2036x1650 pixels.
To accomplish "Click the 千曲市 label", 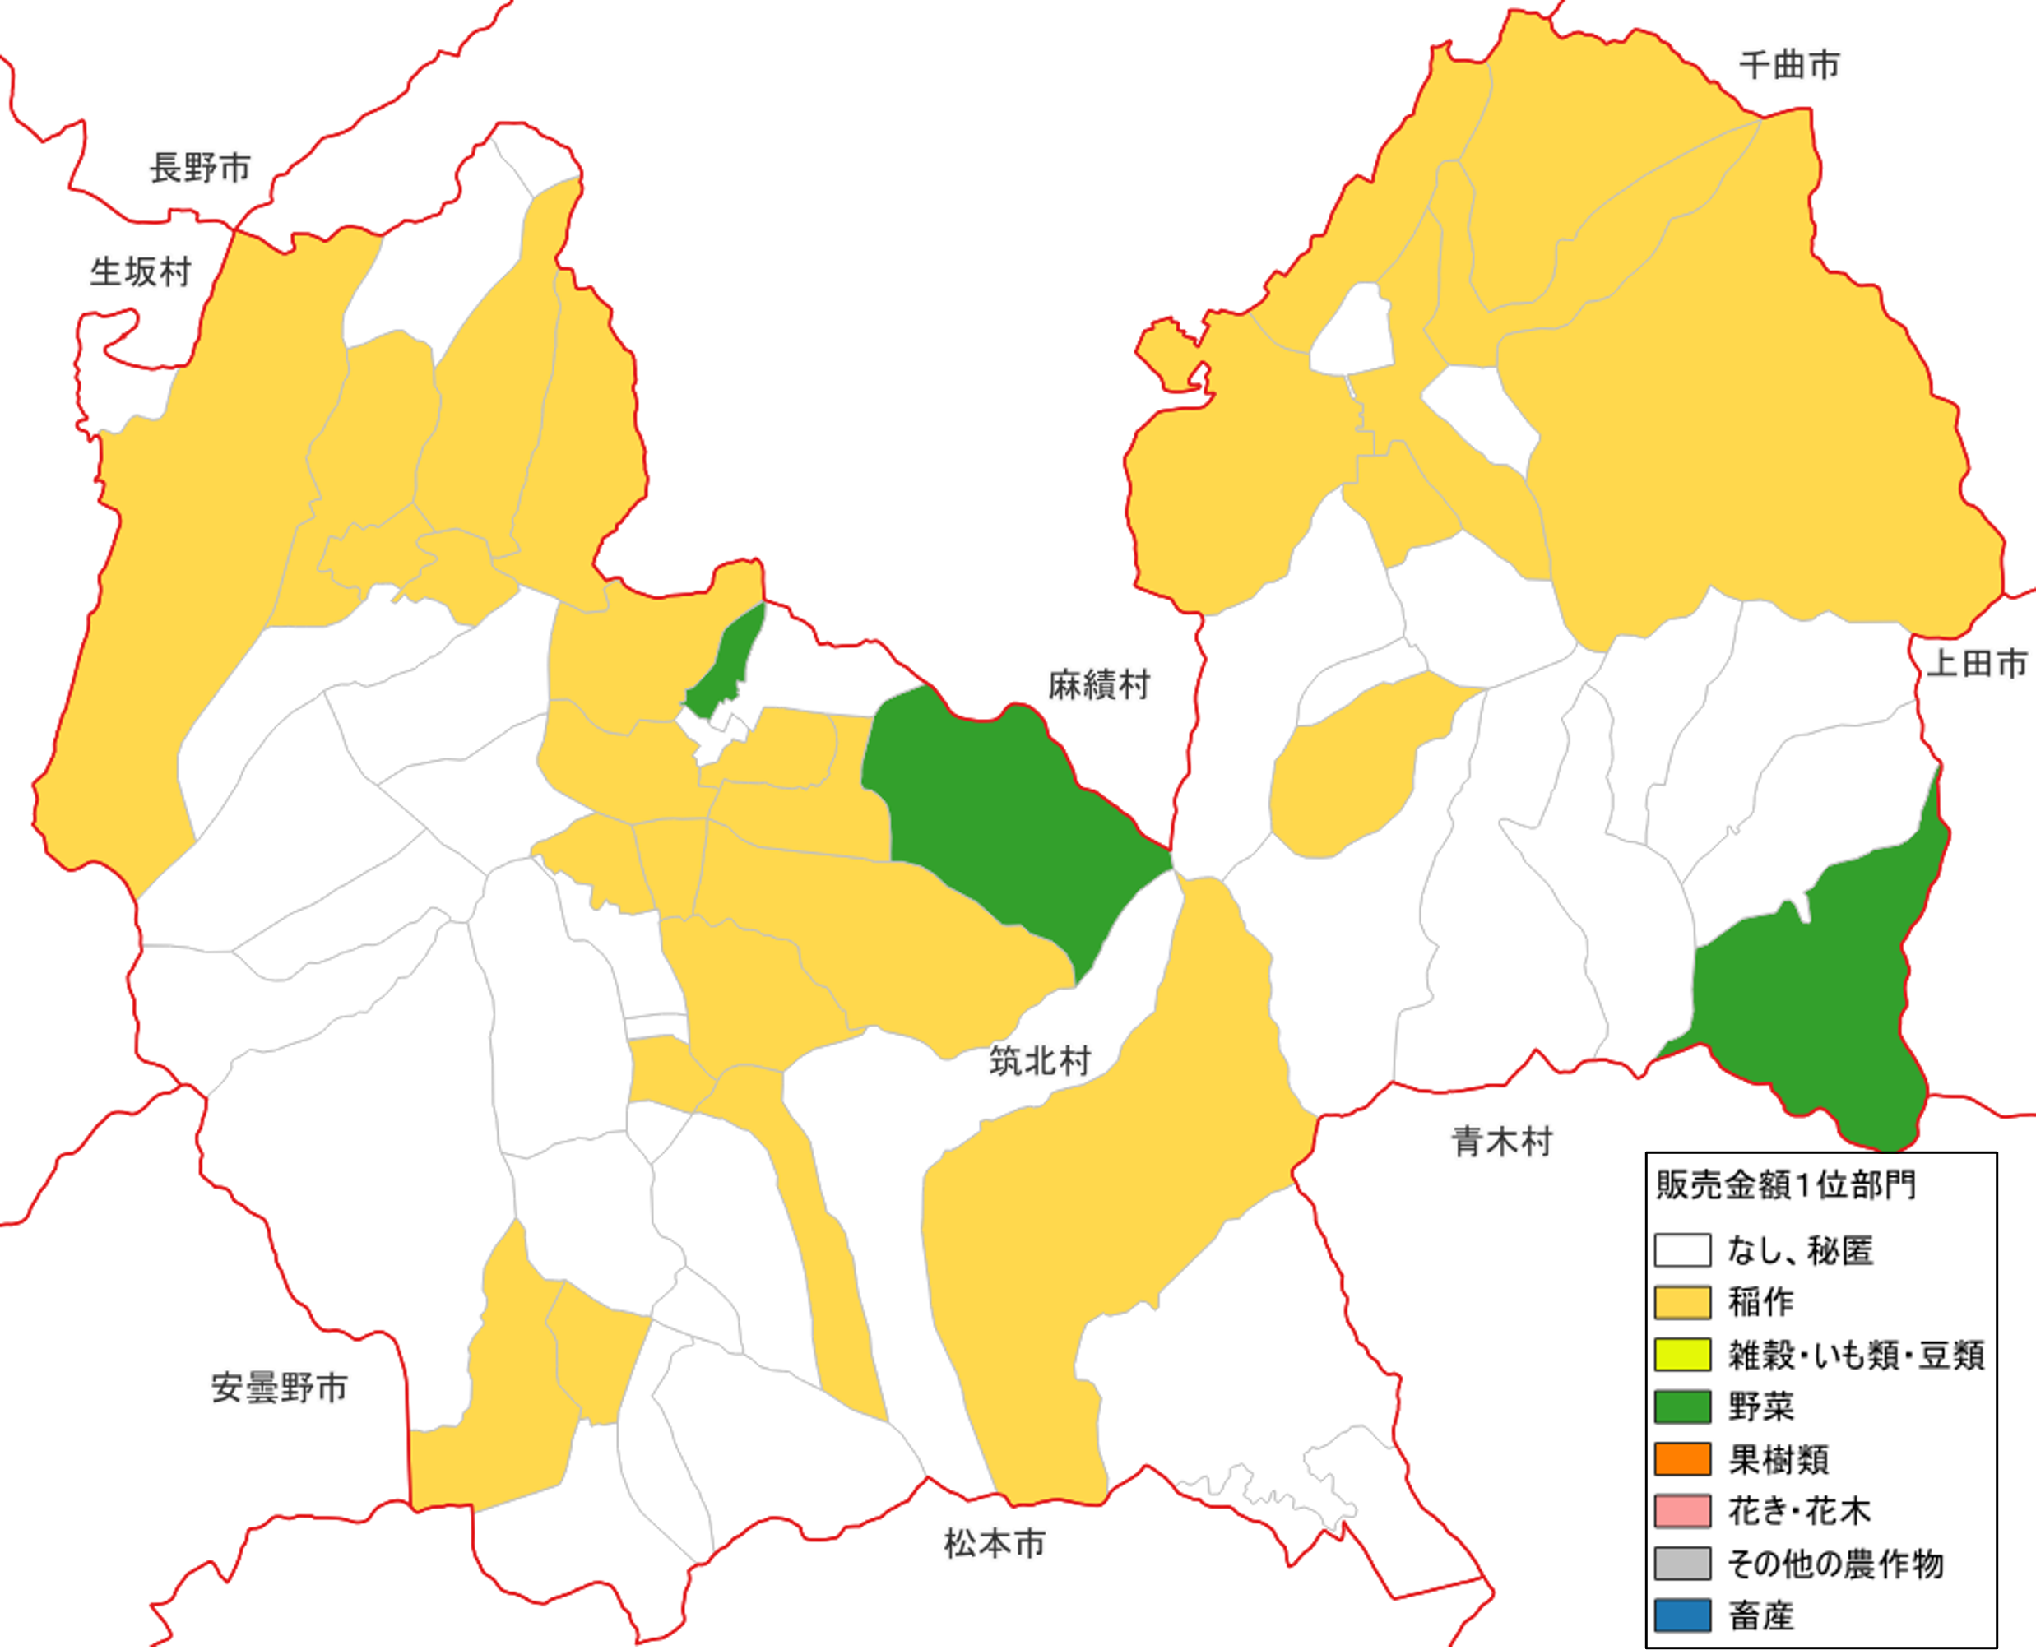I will click(x=1789, y=66).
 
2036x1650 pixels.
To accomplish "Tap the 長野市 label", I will click(x=200, y=169).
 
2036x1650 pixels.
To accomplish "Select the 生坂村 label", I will click(x=141, y=273).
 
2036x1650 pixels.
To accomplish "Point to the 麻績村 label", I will click(x=1099, y=684).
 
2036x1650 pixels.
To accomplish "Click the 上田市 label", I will click(x=1977, y=664).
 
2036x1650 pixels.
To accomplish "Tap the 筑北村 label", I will click(x=1040, y=1061).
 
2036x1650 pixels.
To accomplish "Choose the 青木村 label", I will click(x=1502, y=1142).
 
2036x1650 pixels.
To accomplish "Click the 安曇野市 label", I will click(x=279, y=1388).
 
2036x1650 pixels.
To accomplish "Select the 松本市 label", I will click(x=995, y=1544).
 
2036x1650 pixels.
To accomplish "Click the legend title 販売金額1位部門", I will click(x=1785, y=1185).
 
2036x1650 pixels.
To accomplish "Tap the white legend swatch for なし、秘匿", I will click(x=1682, y=1251).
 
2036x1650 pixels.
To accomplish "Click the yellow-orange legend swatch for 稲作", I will click(x=1682, y=1303).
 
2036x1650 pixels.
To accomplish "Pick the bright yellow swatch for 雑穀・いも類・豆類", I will click(x=1682, y=1356).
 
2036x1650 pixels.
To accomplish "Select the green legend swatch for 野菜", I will click(x=1682, y=1407).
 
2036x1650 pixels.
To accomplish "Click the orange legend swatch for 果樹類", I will click(x=1682, y=1460).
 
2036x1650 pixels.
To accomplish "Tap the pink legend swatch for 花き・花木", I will click(x=1682, y=1512).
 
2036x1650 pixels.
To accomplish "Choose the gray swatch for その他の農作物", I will click(x=1682, y=1564).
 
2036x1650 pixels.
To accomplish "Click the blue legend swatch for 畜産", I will click(x=1682, y=1615).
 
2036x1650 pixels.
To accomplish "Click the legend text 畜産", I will click(x=1760, y=1615).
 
